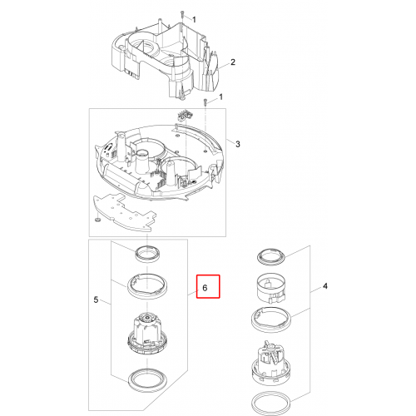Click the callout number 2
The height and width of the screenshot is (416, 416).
[x=233, y=62]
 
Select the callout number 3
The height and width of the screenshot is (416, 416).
[x=238, y=144]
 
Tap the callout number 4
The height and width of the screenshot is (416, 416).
[x=325, y=286]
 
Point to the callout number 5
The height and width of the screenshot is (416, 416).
[x=96, y=300]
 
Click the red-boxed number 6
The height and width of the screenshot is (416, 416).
[x=205, y=288]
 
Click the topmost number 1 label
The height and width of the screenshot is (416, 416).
[x=194, y=20]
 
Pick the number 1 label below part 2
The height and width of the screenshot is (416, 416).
[x=220, y=97]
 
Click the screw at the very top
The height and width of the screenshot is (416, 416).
[x=182, y=14]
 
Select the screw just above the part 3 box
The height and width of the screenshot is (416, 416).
[x=206, y=102]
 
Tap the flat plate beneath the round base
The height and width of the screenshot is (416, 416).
[x=123, y=213]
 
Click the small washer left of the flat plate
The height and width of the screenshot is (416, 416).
[x=97, y=220]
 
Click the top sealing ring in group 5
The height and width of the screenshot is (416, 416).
[x=147, y=254]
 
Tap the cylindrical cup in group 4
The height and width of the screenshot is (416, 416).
[x=271, y=290]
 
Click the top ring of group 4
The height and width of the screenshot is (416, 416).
[x=271, y=257]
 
